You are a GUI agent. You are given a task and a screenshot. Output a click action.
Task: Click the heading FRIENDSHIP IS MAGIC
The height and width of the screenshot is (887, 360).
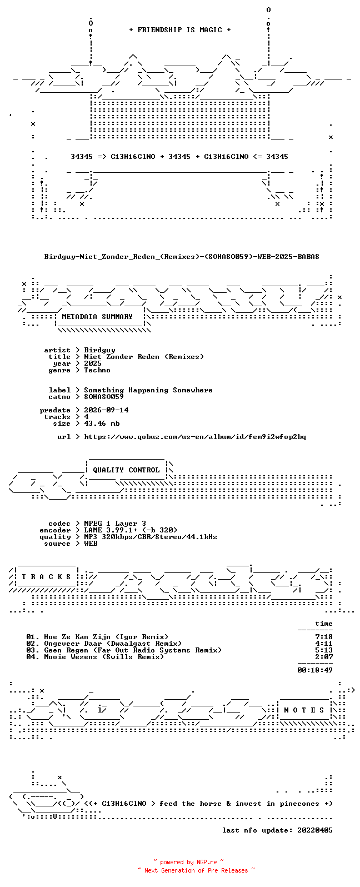tap(179, 30)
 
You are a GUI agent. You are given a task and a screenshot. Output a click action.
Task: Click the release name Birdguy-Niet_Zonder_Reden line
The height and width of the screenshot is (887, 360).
tap(181, 257)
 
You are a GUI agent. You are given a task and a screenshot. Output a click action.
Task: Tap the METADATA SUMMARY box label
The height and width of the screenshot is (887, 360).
tap(97, 317)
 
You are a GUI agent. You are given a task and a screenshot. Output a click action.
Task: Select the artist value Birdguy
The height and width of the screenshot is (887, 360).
tap(99, 351)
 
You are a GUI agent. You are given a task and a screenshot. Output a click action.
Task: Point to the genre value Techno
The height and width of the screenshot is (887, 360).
tap(97, 370)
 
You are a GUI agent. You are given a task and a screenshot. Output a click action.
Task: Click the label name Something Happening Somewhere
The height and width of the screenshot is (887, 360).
tap(148, 391)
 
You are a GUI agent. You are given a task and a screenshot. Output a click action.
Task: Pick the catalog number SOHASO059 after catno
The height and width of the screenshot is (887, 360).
tap(104, 397)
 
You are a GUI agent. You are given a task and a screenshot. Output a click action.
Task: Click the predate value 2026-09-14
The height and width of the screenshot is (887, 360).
tap(106, 410)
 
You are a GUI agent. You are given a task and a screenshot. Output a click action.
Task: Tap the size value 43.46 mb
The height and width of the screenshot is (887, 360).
tap(102, 423)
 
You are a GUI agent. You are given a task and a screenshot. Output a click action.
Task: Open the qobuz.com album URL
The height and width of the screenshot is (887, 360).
tap(195, 437)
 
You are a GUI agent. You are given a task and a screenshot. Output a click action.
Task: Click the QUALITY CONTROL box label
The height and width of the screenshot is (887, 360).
tap(126, 470)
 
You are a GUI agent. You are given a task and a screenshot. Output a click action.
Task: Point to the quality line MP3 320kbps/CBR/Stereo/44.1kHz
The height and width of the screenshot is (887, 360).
tap(151, 537)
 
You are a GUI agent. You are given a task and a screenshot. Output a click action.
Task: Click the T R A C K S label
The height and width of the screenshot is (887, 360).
tap(46, 577)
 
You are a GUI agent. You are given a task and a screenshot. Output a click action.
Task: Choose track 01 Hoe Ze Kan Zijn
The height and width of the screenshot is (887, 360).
tap(97, 637)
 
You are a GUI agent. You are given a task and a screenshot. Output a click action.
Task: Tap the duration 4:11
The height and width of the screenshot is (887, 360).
tap(323, 644)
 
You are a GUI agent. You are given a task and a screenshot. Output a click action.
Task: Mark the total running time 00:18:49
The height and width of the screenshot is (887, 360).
tap(315, 670)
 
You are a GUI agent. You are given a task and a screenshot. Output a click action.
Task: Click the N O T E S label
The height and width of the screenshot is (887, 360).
tap(304, 710)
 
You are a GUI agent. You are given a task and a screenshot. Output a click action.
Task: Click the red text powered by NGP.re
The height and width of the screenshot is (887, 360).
tap(188, 862)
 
